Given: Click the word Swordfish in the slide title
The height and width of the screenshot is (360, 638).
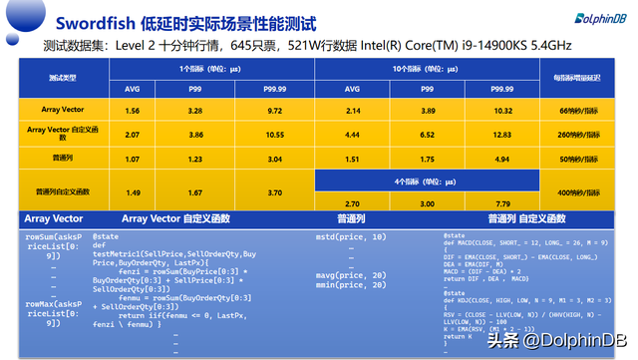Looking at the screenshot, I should [91, 20].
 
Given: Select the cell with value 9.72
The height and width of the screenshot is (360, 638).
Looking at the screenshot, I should [275, 109].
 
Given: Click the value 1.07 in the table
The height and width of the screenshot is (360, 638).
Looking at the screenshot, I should [133, 158].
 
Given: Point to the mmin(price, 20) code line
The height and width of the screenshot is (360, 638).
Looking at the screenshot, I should [350, 285].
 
